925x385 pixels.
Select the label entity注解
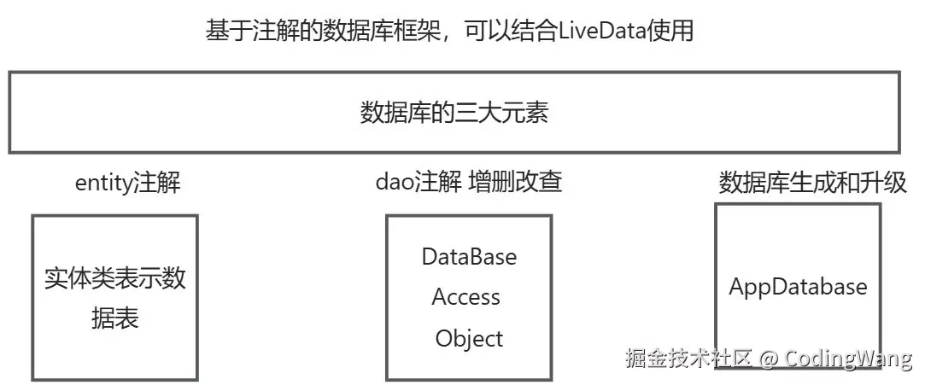point(128,183)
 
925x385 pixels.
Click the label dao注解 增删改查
point(469,182)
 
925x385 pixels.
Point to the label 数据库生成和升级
point(812,183)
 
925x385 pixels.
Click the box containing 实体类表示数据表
point(115,297)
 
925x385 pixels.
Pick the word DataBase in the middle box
point(469,256)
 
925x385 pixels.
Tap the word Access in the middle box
point(466,297)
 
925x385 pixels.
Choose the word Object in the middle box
point(469,338)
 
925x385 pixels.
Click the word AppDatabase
point(798,286)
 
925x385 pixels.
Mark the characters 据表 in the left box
point(115,318)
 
